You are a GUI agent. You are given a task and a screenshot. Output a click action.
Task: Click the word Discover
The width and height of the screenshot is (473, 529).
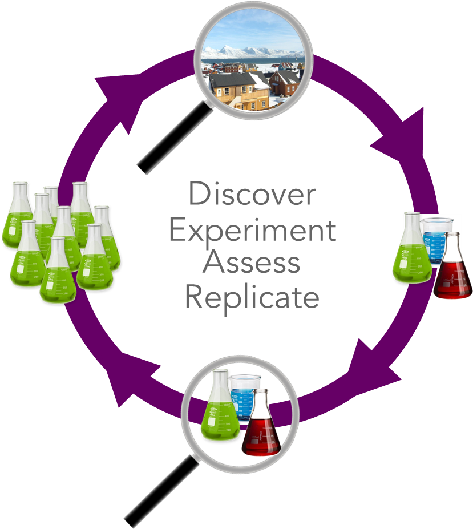point(252,195)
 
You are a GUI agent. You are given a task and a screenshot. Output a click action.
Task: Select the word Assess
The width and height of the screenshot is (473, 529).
point(252,263)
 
